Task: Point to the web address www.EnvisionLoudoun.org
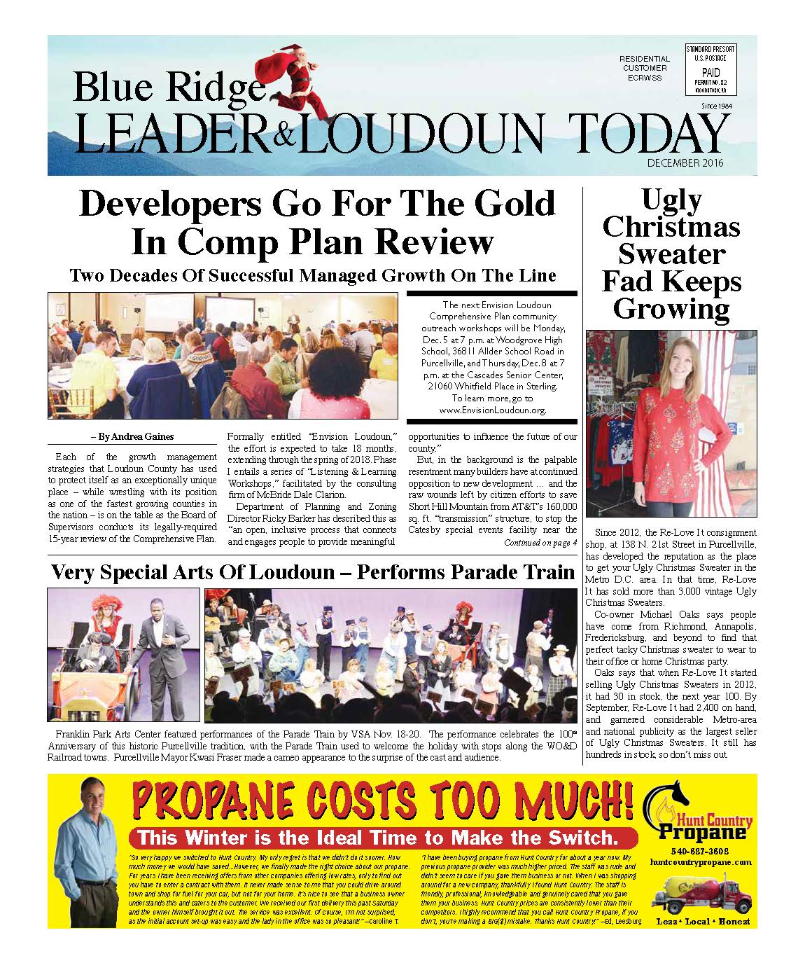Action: click(x=492, y=410)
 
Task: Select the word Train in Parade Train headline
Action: click(x=543, y=572)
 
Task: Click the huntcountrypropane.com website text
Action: click(x=700, y=862)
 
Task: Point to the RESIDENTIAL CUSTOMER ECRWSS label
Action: click(x=645, y=68)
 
